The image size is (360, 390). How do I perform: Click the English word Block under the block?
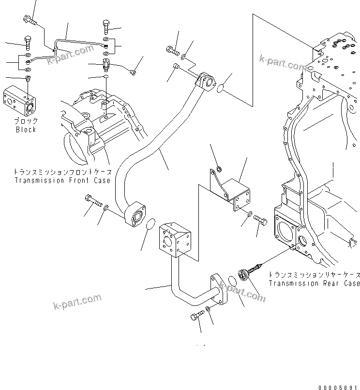(x=26, y=130)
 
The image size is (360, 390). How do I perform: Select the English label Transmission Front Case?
(x=62, y=180)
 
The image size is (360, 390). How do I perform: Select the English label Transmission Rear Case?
(x=314, y=283)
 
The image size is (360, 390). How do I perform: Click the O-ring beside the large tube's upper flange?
(x=220, y=88)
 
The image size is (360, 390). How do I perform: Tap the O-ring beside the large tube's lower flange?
(x=150, y=225)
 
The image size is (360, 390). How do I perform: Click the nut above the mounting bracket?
(x=219, y=169)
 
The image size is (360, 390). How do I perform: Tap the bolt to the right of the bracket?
(x=260, y=220)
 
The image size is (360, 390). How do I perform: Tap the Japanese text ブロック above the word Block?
(x=26, y=122)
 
